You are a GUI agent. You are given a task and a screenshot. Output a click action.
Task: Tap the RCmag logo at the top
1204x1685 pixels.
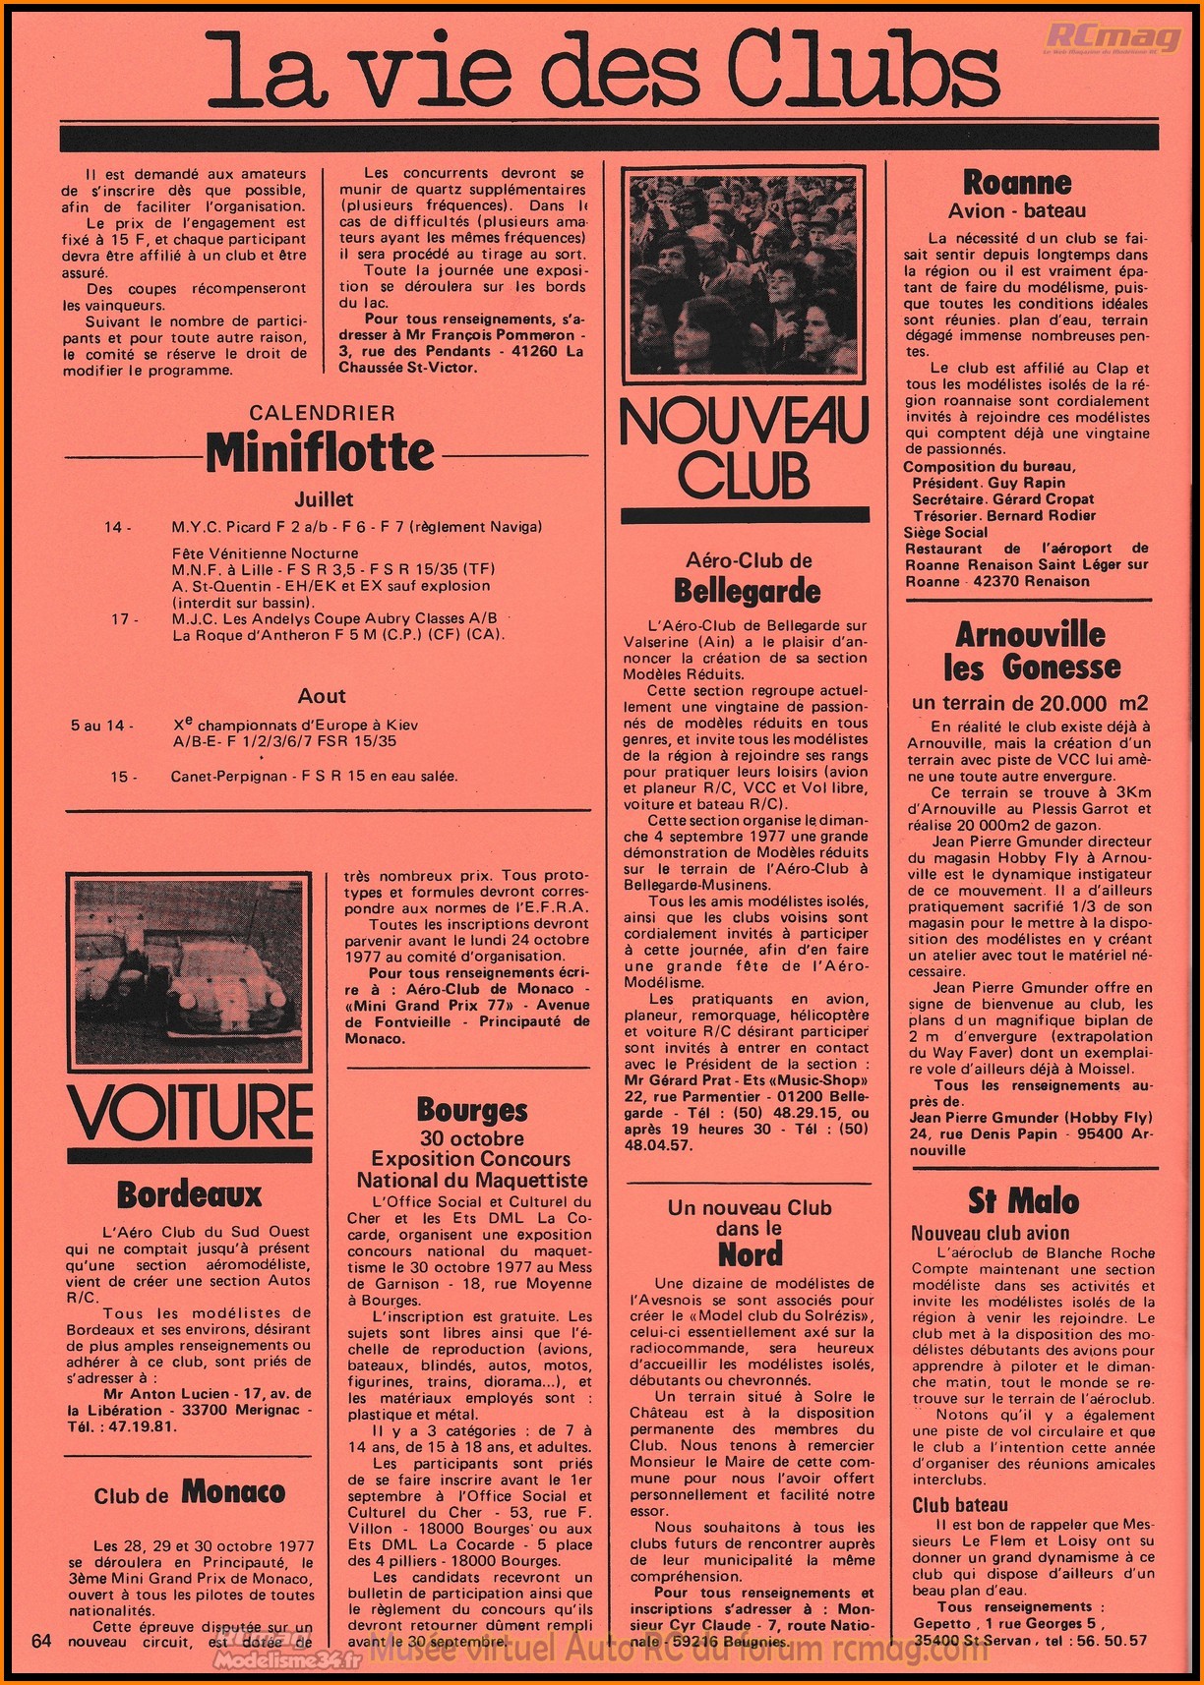[x=1113, y=37]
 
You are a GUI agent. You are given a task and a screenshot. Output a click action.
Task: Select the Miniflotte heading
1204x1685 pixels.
[x=320, y=452]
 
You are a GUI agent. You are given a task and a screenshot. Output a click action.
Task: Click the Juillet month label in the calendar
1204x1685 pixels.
[x=324, y=499]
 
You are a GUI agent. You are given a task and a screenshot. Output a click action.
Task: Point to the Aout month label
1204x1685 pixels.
[x=322, y=696]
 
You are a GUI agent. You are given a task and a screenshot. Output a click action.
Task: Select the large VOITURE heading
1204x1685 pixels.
[x=190, y=1111]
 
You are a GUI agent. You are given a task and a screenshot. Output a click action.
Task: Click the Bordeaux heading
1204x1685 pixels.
[x=189, y=1194]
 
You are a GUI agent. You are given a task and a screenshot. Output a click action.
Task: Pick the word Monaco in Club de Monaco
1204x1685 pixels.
[x=233, y=1492]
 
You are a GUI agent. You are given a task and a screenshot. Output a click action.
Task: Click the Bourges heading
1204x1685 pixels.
[x=472, y=1110]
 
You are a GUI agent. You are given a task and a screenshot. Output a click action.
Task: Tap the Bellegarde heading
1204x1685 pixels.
[x=747, y=591]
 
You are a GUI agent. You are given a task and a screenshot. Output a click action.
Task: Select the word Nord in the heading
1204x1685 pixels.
[x=750, y=1254]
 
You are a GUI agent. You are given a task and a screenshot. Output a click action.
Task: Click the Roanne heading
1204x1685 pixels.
[x=1017, y=183]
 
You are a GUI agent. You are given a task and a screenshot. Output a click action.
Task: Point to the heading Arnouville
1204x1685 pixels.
[x=1030, y=634]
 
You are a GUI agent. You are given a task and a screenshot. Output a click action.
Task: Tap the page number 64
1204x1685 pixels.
[x=41, y=1640]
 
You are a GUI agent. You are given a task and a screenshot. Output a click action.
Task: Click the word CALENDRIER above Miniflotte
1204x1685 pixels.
[x=322, y=413]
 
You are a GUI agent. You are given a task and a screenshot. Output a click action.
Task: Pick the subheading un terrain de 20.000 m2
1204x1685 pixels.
[x=1030, y=703]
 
